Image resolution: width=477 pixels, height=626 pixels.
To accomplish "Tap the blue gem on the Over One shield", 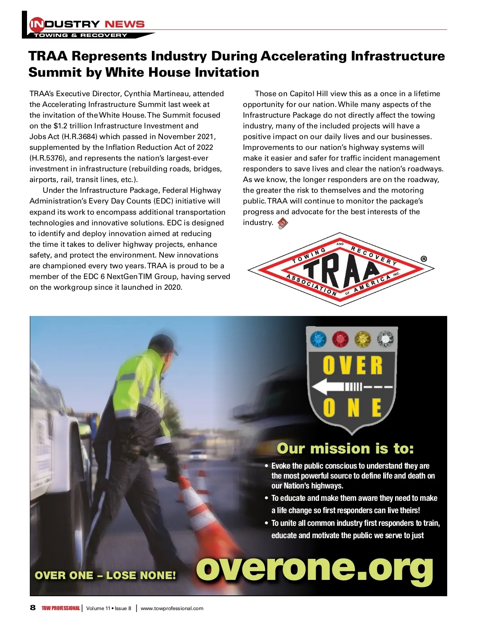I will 318,339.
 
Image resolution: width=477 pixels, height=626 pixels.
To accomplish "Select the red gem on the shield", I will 340,339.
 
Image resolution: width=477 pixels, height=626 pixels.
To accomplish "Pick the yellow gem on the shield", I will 363,339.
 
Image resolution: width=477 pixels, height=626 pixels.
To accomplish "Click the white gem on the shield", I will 384,339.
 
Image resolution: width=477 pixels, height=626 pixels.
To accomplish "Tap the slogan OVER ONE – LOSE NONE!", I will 105,575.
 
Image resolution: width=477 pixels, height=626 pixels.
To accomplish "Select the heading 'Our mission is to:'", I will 345,448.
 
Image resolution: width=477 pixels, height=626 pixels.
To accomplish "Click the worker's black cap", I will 164,342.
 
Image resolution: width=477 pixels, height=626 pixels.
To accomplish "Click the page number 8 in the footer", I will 33,608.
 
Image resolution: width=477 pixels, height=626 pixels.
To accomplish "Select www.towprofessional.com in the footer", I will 172,608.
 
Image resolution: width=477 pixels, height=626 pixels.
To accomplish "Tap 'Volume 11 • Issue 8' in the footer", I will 109,608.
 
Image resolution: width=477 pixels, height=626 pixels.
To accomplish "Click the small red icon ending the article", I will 283,223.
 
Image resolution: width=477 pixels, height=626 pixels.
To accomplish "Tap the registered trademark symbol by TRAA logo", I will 424,259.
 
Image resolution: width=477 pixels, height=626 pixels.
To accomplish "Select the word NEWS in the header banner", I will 124,24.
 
